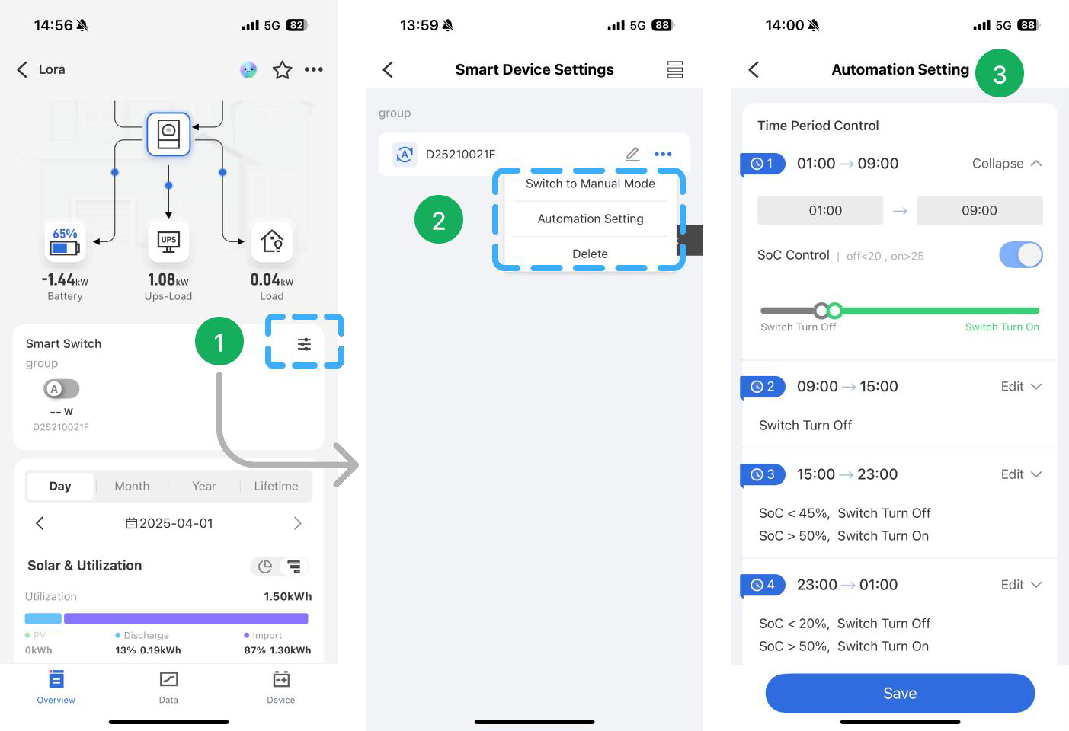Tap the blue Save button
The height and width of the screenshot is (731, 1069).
pyautogui.click(x=899, y=693)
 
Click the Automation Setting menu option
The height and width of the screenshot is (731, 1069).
pyautogui.click(x=591, y=219)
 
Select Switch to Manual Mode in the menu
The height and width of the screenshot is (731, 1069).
pyautogui.click(x=591, y=184)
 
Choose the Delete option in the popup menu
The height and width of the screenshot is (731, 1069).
pyautogui.click(x=591, y=254)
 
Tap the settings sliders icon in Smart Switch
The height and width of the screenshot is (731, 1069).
pyautogui.click(x=304, y=344)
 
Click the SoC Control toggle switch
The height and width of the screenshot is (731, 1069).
pyautogui.click(x=1020, y=255)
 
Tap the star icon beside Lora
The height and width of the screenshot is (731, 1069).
pyautogui.click(x=282, y=70)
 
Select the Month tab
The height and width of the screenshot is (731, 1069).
pyautogui.click(x=132, y=486)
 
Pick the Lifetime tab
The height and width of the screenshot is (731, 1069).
pyautogui.click(x=276, y=486)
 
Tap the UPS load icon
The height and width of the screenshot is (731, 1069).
pyautogui.click(x=168, y=241)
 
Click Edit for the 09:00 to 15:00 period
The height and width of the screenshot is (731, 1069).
pyautogui.click(x=1020, y=386)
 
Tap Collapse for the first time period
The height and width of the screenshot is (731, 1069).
pyautogui.click(x=1006, y=164)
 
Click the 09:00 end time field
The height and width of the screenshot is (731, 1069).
pyautogui.click(x=979, y=210)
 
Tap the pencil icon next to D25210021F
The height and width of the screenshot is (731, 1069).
pyautogui.click(x=632, y=154)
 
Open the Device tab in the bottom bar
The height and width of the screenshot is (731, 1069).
pyautogui.click(x=280, y=685)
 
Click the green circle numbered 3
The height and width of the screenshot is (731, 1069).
pyautogui.click(x=999, y=74)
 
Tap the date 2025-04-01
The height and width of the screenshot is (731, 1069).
pyautogui.click(x=169, y=523)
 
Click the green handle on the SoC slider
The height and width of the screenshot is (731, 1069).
pyautogui.click(x=834, y=311)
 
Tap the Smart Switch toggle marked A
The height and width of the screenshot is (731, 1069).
pyautogui.click(x=61, y=389)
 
